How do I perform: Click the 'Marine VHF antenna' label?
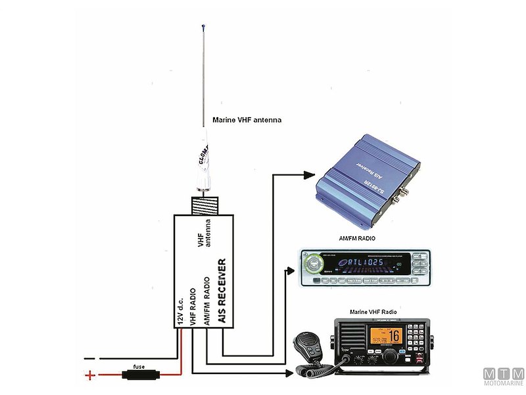[247, 120]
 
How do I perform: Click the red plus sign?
[89, 376]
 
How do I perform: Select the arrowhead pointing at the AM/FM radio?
[290, 269]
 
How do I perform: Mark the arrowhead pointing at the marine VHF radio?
[289, 373]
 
